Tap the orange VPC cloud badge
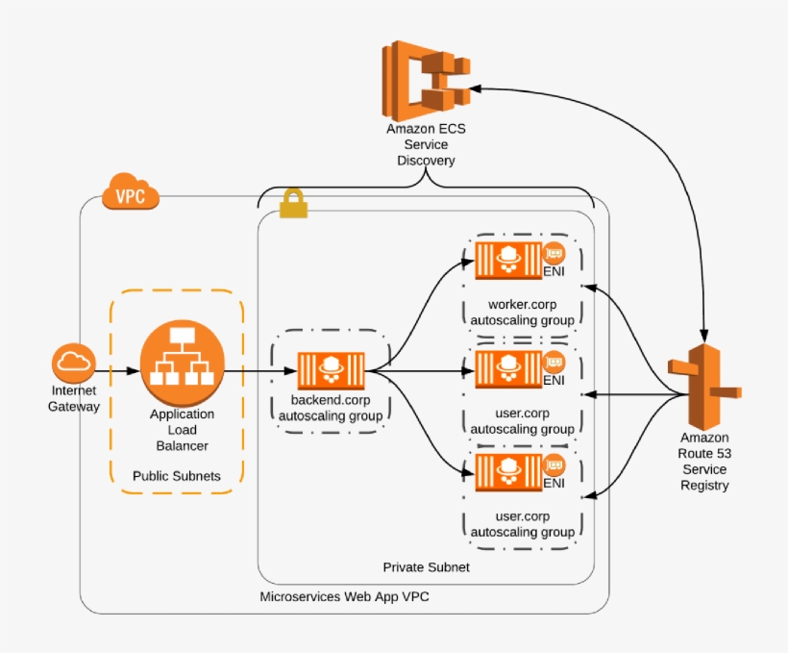(130, 195)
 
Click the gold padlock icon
(291, 204)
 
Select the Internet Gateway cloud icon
(74, 363)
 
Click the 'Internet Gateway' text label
(74, 399)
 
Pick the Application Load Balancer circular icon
(182, 364)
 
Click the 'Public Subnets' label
(176, 476)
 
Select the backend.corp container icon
(330, 370)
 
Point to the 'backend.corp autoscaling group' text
(330, 408)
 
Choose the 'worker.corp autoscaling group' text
(523, 313)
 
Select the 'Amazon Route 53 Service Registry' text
(704, 462)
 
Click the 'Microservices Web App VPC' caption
(344, 597)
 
